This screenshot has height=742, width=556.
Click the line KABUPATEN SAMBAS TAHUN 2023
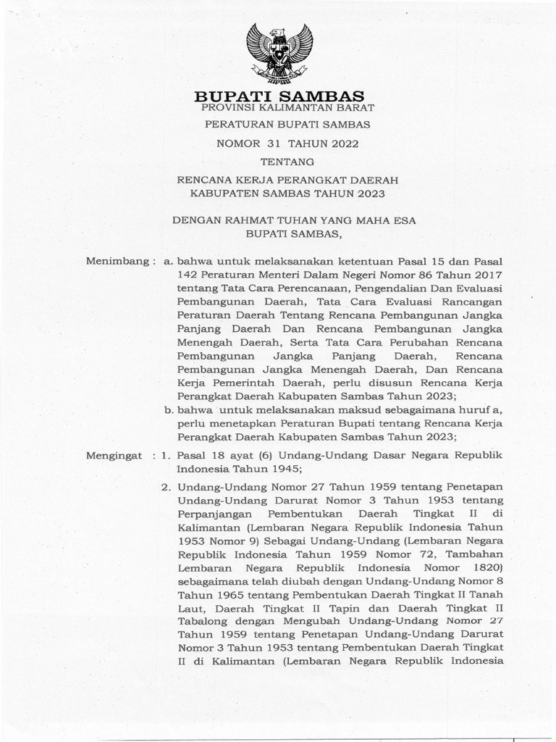tap(287, 193)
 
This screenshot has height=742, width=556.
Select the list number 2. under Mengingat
tap(166, 485)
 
